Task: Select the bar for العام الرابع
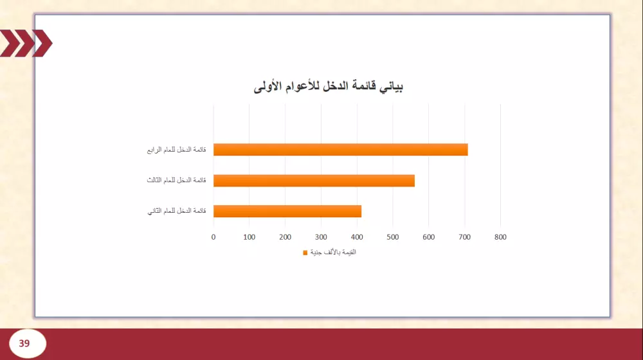(340, 150)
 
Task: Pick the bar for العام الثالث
(314, 181)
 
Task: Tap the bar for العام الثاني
(287, 211)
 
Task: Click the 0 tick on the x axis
(213, 237)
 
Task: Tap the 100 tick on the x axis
(249, 237)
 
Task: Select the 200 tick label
(285, 237)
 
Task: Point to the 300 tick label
(321, 237)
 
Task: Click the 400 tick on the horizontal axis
(357, 237)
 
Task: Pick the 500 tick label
(393, 237)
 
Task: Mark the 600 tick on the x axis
(429, 237)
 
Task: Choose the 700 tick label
(464, 237)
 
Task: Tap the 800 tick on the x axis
(500, 237)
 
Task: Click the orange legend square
(305, 253)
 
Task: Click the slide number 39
(24, 343)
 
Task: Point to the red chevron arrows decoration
(26, 44)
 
